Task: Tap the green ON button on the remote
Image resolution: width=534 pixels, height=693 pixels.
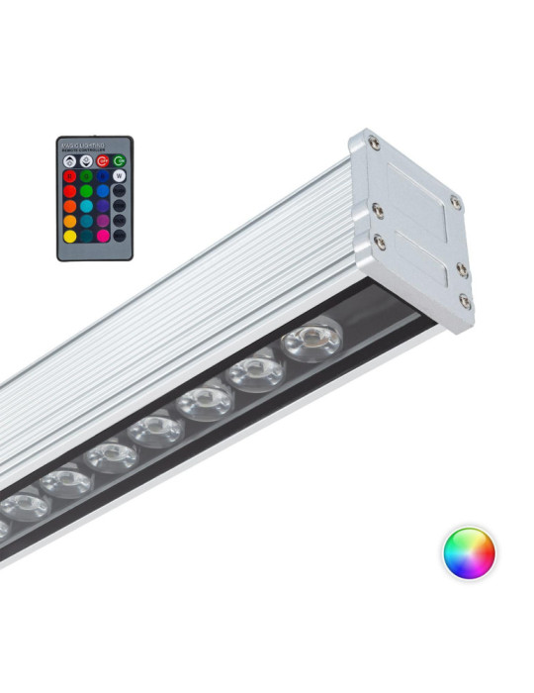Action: (x=119, y=161)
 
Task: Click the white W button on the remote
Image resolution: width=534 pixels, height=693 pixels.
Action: (x=120, y=176)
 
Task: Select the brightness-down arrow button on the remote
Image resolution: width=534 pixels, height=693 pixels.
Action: (x=86, y=161)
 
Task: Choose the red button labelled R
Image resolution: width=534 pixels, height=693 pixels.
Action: (x=70, y=176)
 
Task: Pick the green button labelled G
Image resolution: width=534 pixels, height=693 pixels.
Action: (x=87, y=176)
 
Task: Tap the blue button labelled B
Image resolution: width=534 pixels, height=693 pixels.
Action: (x=103, y=176)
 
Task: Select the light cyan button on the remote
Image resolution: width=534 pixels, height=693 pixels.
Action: (x=87, y=207)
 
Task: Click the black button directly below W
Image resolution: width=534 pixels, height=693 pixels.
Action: (x=120, y=191)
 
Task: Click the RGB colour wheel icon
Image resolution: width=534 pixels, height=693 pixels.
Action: (x=468, y=552)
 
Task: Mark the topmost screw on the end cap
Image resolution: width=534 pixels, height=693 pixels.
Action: (x=374, y=144)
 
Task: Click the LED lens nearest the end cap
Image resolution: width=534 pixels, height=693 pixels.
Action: (x=311, y=340)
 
